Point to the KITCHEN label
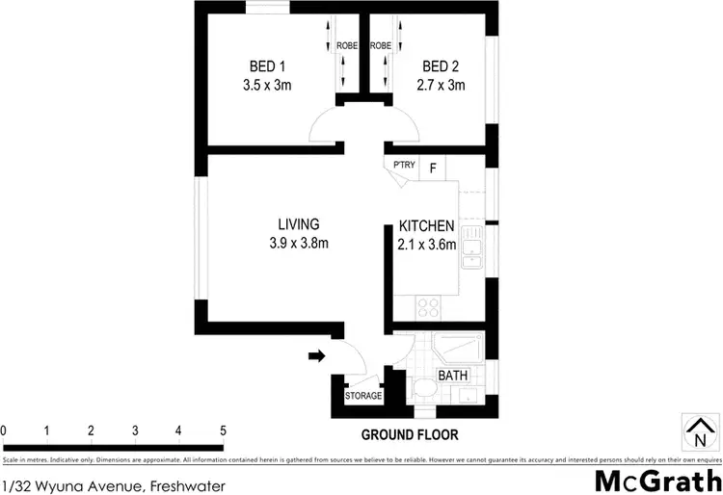[427, 226]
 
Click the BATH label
[452, 375]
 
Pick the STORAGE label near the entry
[363, 396]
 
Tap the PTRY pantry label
[404, 166]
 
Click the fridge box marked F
[434, 168]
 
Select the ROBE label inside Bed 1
[347, 45]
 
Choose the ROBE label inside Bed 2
[380, 45]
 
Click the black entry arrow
[315, 356]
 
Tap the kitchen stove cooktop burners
[427, 307]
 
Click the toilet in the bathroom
[422, 389]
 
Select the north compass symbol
[699, 430]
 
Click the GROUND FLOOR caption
[410, 434]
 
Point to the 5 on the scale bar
[223, 430]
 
